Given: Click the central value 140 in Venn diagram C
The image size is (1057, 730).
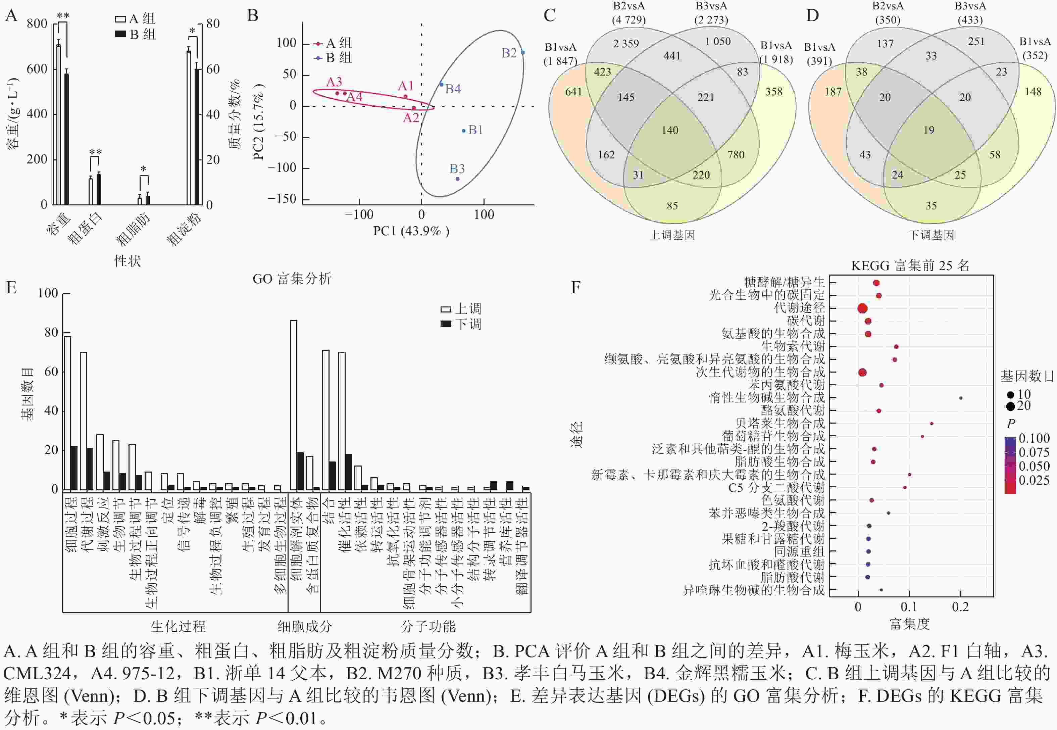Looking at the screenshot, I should click(x=670, y=130).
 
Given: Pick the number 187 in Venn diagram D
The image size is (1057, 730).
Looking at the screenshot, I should click(x=833, y=92).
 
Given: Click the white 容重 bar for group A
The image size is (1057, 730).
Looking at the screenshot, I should click(x=58, y=124).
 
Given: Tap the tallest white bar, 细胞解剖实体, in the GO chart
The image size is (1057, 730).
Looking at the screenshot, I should click(x=294, y=405).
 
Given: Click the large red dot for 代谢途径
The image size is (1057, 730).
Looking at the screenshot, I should click(x=862, y=309).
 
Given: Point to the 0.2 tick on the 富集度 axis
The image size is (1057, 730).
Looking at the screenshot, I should click(x=960, y=607).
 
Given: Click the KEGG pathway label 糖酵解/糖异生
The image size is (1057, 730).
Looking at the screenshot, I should click(x=784, y=282).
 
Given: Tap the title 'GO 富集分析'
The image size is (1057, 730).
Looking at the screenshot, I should click(x=292, y=279).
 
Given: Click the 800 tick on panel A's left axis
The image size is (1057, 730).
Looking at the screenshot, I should click(x=37, y=24).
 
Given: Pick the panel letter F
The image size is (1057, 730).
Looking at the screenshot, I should click(x=575, y=287).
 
